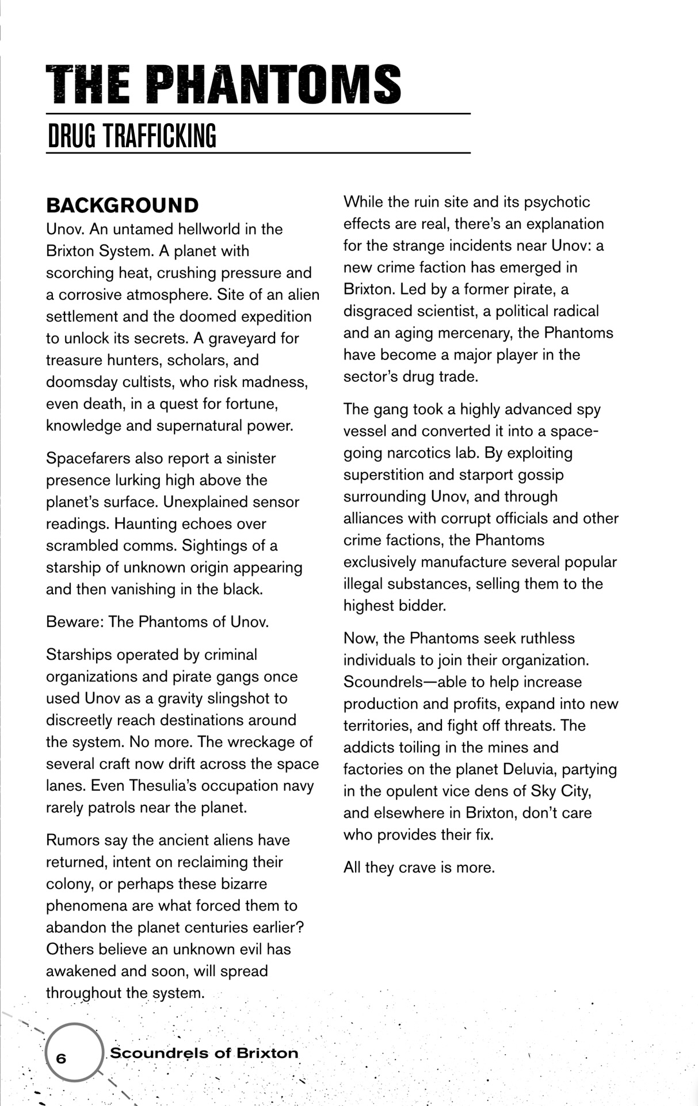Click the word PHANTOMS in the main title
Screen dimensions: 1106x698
tap(273, 85)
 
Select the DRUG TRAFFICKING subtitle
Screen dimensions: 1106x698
tap(132, 136)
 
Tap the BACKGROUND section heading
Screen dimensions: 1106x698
tap(123, 205)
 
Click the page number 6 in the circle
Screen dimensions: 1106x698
tap(61, 1058)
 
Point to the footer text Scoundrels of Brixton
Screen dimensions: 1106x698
tap(204, 1053)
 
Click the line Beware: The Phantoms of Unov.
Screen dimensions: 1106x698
tap(157, 622)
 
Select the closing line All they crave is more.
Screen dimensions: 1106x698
tap(419, 867)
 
